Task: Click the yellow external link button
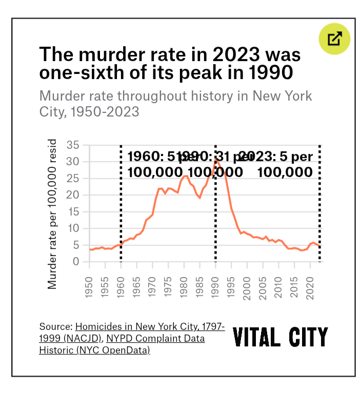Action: tap(334, 38)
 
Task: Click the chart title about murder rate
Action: tap(170, 63)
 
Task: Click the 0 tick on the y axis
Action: tap(76, 262)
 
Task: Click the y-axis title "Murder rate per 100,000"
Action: tap(52, 215)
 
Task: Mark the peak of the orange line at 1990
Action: tap(216, 160)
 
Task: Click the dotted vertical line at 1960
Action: tap(121, 215)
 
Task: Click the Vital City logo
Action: tap(280, 338)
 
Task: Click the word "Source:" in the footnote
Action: tap(56, 327)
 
